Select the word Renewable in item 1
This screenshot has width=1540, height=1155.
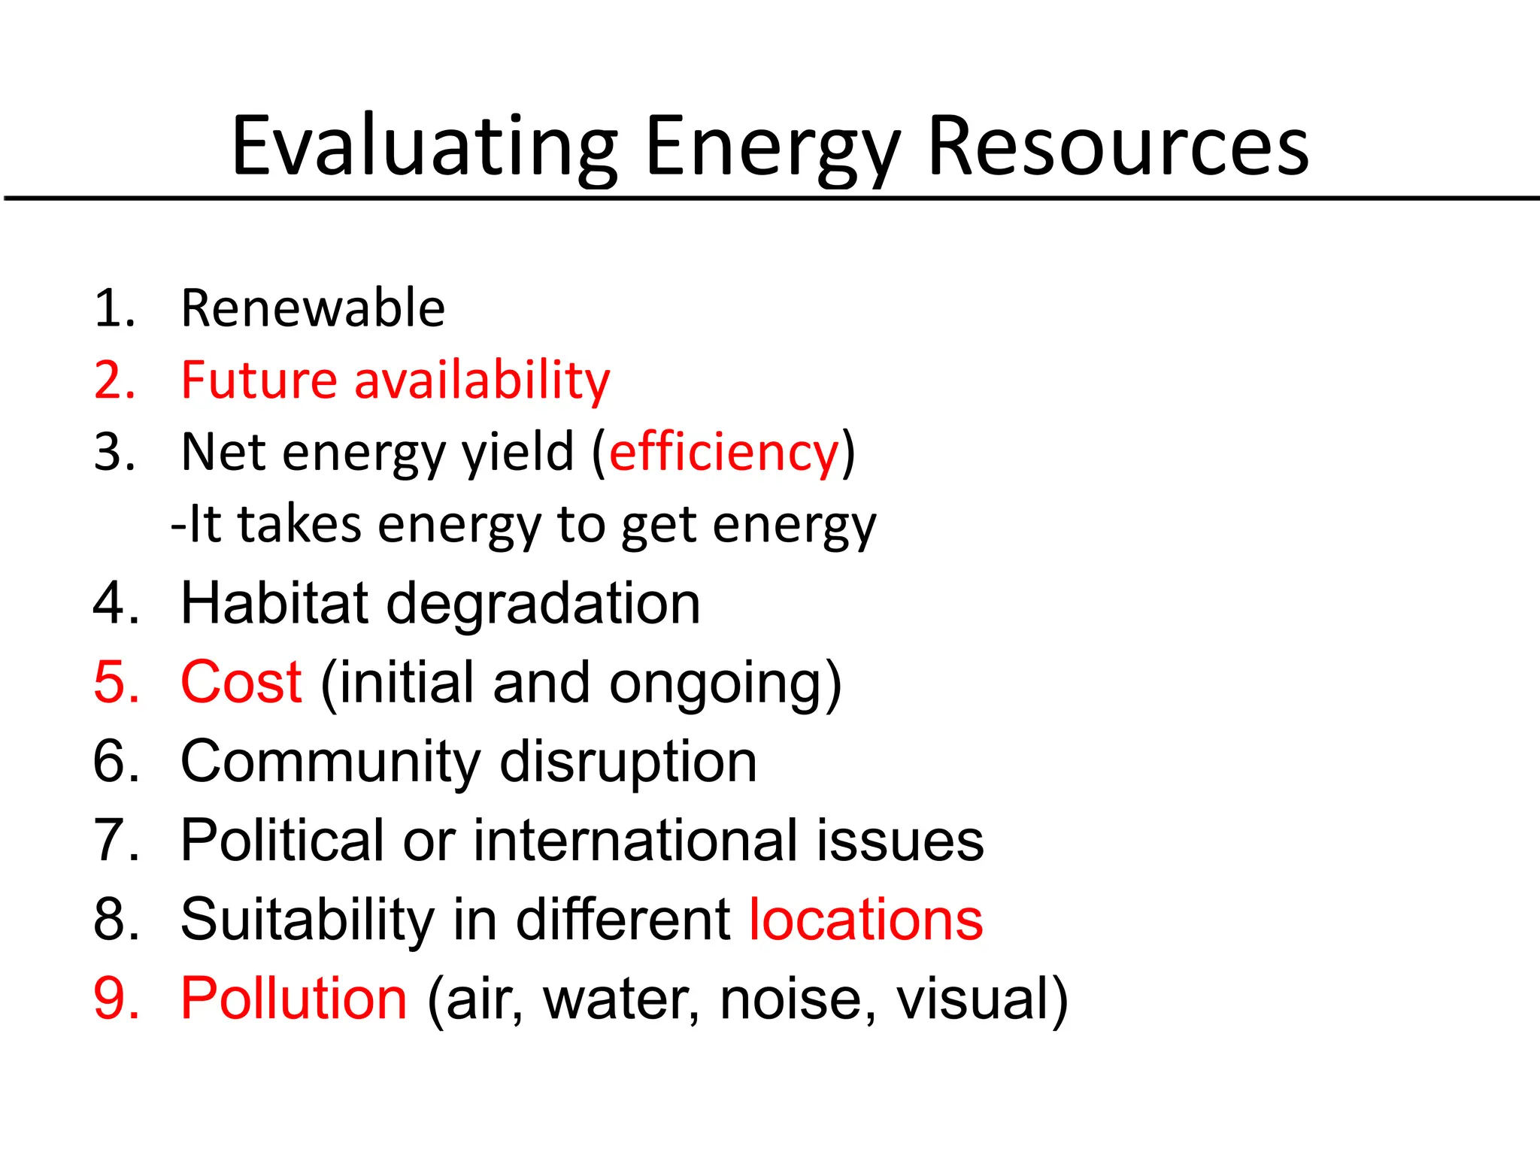(313, 308)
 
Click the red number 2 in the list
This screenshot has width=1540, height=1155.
(111, 380)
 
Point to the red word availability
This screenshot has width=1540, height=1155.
(482, 380)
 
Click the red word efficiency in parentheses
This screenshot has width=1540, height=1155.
(723, 452)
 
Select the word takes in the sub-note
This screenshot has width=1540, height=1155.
(300, 524)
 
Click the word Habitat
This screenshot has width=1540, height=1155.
(274, 603)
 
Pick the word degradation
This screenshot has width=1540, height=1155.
(543, 605)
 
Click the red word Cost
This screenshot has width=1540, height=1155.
(241, 682)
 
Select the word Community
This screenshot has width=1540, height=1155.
(330, 762)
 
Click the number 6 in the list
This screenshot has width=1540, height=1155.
(111, 761)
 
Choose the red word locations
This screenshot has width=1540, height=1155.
(866, 919)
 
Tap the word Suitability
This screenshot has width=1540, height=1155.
(308, 920)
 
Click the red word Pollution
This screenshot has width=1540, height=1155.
(294, 998)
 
